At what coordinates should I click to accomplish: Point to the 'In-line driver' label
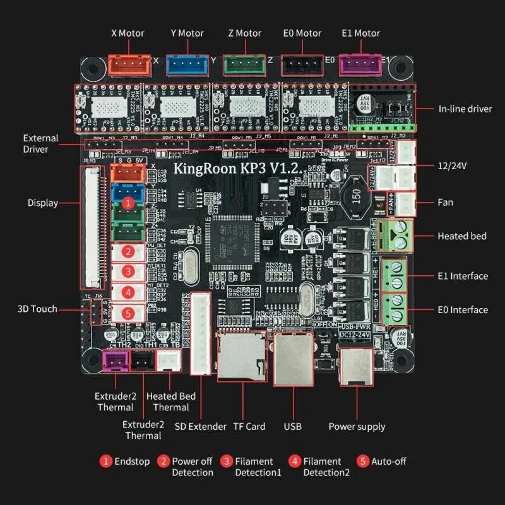click(x=465, y=109)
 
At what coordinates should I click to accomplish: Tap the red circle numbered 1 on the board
click(x=128, y=203)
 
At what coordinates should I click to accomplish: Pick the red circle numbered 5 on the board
click(x=128, y=312)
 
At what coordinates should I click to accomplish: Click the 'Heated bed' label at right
click(x=462, y=236)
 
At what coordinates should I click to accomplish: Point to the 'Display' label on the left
click(x=43, y=203)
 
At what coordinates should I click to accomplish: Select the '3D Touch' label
click(x=37, y=309)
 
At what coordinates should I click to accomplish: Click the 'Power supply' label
click(x=357, y=427)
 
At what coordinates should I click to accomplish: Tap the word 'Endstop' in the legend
click(x=132, y=461)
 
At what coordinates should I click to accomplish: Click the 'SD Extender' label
click(x=200, y=427)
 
